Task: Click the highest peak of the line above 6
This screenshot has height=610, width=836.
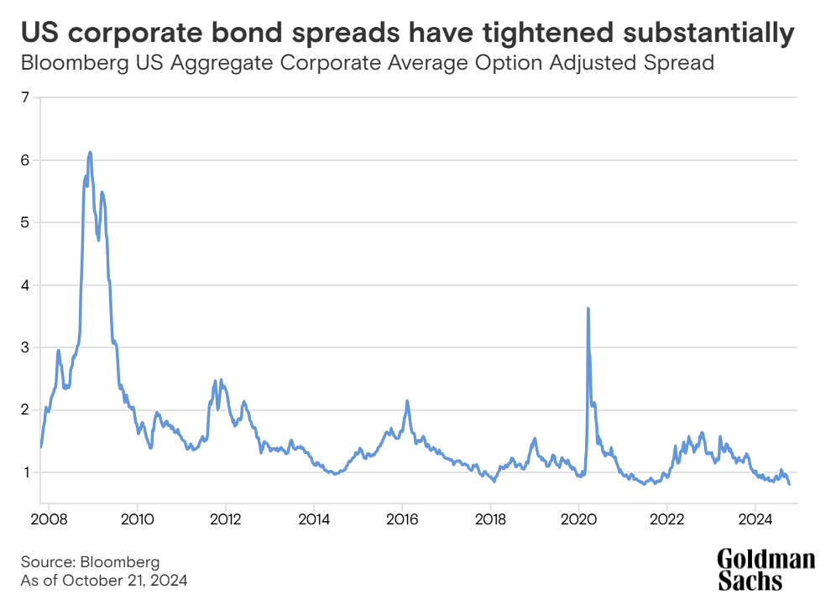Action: tap(90, 153)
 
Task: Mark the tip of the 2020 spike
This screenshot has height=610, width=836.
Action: tap(588, 308)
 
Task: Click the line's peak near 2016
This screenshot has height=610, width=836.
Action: tap(407, 401)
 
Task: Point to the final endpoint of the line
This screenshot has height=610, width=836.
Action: tap(789, 484)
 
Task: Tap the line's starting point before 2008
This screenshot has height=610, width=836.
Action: tap(40, 446)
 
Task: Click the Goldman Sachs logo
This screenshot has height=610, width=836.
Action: tap(765, 570)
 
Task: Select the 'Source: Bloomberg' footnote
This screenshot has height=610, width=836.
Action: tap(90, 561)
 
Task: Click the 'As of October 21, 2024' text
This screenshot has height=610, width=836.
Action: tap(104, 580)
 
